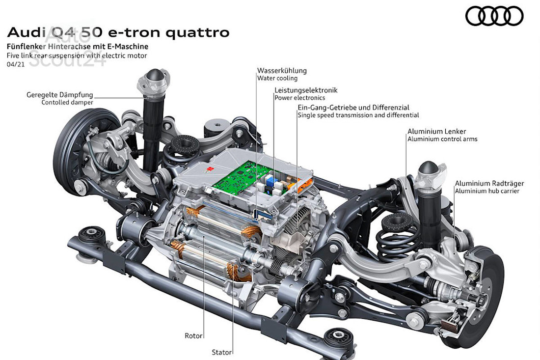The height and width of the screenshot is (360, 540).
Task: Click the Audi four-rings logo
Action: coord(494,16)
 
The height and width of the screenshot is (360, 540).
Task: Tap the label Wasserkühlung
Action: coord(282,70)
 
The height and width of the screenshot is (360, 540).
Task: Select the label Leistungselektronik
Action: coord(306,90)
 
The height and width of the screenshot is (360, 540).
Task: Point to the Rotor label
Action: coord(193,336)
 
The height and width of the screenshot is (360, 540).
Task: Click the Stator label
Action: coord(222,352)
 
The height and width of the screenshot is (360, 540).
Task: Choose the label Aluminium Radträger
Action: coord(486,183)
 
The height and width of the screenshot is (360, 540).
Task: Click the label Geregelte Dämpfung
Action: coord(59,95)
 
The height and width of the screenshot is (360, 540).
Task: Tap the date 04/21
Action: coord(15,64)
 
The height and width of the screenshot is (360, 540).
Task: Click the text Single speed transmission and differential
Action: coord(358,115)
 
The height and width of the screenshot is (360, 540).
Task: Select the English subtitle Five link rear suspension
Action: coord(77,55)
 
